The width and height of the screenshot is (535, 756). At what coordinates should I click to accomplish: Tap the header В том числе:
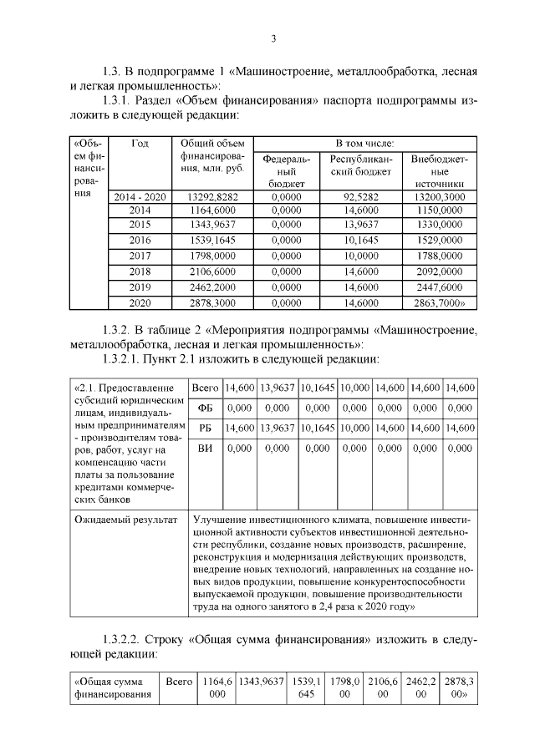click(365, 144)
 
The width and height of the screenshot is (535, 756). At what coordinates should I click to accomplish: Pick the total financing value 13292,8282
click(211, 197)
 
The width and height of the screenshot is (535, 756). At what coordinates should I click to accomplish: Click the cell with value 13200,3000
click(440, 197)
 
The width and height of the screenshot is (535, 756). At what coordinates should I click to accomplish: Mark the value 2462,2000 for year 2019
click(211, 287)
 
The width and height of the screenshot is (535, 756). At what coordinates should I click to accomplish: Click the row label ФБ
click(205, 408)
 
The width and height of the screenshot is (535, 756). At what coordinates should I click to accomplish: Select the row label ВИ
click(205, 449)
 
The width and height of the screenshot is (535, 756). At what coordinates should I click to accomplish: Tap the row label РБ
click(205, 428)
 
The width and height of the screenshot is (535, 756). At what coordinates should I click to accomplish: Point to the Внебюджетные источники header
click(440, 170)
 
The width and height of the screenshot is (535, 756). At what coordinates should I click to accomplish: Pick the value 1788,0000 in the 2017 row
click(440, 255)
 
